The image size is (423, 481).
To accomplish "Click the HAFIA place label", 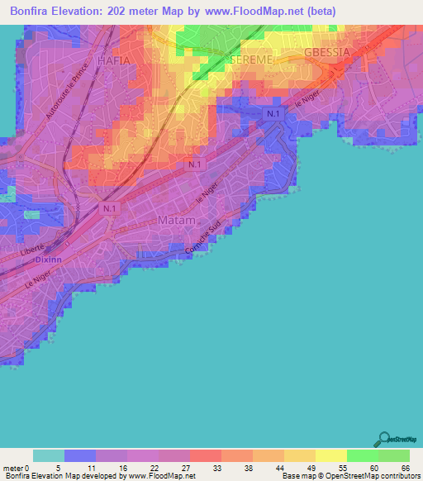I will [x=114, y=60].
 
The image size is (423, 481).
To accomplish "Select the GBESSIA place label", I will [x=328, y=51].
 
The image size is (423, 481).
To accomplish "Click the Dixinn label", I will [x=50, y=259].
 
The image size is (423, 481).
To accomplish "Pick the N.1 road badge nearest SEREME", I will [x=273, y=112].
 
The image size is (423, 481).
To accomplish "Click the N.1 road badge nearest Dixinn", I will [x=111, y=209].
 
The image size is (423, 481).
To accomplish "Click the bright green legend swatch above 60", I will [x=362, y=455].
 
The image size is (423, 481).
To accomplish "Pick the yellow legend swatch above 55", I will [x=330, y=455].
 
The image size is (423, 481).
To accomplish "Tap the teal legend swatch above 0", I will [x=49, y=455].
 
